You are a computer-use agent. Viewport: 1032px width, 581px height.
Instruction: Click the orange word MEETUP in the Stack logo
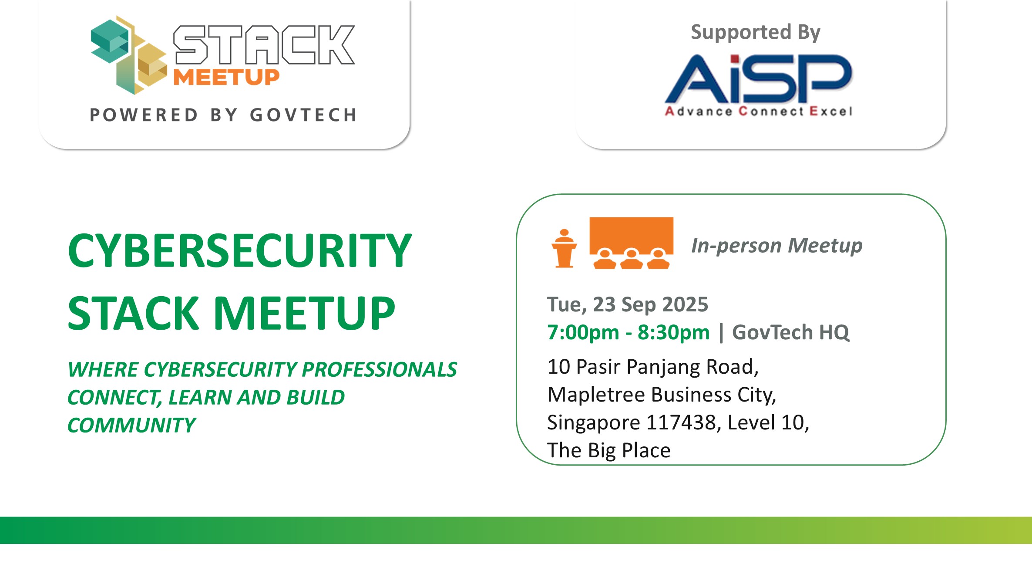coord(226,77)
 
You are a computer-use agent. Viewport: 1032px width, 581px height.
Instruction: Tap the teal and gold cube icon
coord(128,55)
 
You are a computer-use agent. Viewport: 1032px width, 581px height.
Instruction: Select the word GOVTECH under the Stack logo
coord(303,115)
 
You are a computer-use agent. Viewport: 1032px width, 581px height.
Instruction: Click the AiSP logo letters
coord(758,78)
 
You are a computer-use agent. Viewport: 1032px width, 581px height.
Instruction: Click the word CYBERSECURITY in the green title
coord(240,250)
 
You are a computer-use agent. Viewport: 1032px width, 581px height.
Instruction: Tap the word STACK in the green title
coord(133,313)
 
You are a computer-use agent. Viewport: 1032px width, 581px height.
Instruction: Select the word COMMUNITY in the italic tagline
coord(131,425)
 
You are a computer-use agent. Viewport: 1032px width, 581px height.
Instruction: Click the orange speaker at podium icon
coord(564,248)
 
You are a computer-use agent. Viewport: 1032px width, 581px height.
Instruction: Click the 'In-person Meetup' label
coord(777,245)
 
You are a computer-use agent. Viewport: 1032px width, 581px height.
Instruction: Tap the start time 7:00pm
coord(583,332)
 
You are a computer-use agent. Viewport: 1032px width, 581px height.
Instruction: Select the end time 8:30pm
coord(674,332)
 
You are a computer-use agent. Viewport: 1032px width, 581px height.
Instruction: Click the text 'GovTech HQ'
coord(790,332)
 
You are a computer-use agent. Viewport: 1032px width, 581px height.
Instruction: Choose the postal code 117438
coord(681,422)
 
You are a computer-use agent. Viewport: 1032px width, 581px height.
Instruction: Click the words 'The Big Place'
coord(609,450)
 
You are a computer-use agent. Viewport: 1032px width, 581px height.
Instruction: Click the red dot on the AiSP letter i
coord(734,59)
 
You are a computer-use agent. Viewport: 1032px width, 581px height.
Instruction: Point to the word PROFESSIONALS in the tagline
coord(379,369)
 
